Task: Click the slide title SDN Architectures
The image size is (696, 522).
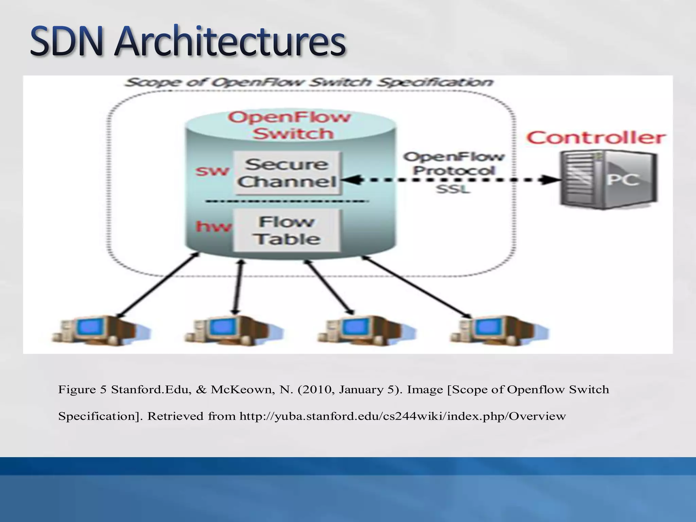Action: [188, 42]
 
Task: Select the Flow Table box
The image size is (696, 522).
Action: [286, 230]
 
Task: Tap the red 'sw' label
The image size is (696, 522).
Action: [212, 171]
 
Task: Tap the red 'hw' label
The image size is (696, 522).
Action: [213, 226]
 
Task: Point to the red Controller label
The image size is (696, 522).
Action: [595, 138]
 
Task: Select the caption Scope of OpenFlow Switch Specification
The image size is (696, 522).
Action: [309, 83]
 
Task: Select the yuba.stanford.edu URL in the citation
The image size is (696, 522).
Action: [403, 416]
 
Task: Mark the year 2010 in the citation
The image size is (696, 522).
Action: [314, 389]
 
